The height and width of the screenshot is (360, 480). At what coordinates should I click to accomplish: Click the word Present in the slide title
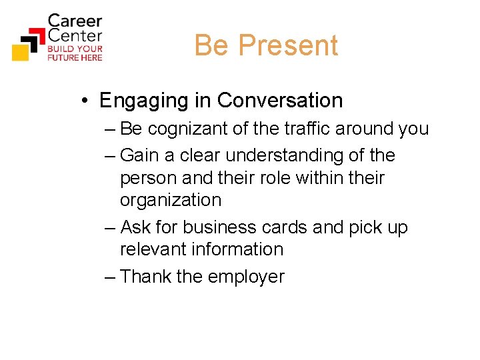coord(288,45)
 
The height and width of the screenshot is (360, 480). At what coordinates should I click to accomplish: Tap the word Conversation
coord(280,101)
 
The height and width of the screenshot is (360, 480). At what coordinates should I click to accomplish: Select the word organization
coord(170,200)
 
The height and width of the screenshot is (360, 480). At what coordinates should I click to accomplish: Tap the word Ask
coord(135,227)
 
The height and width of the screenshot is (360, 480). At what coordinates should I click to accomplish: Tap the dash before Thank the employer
coord(110,277)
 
